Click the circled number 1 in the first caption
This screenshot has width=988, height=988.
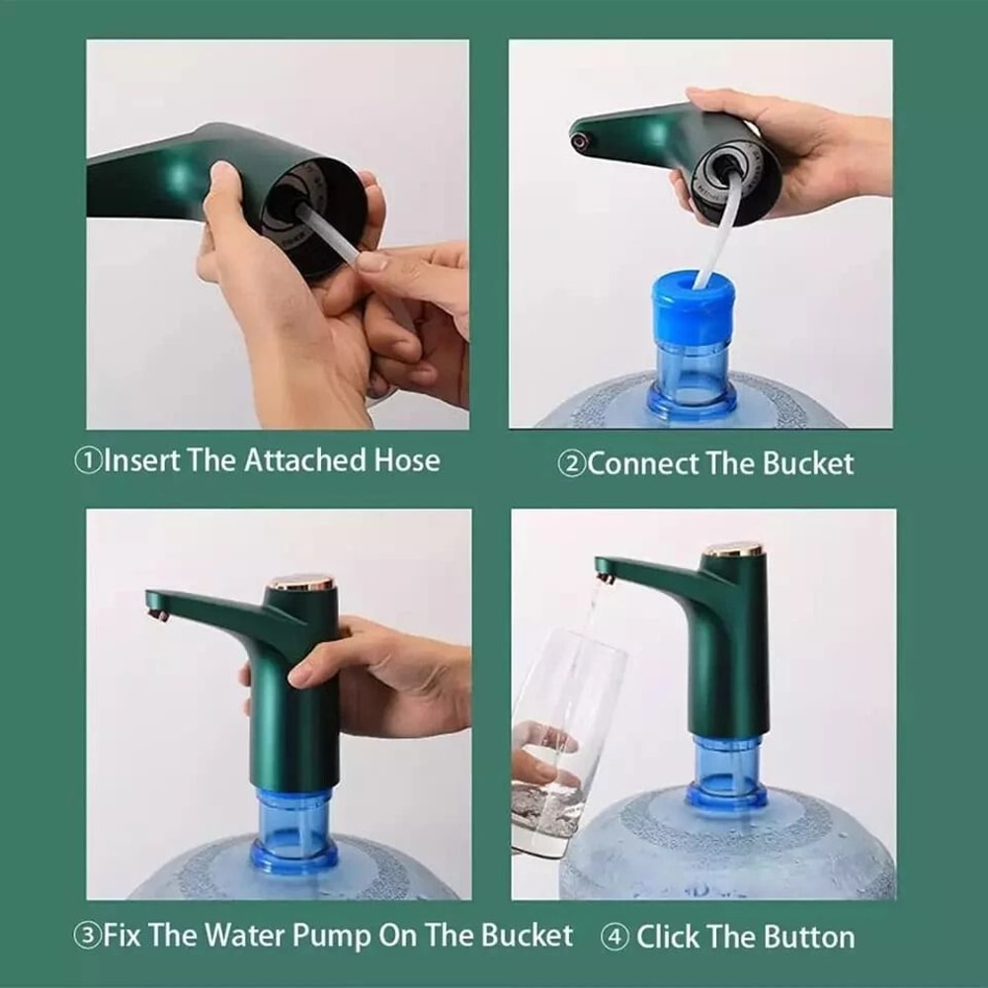[x=90, y=461]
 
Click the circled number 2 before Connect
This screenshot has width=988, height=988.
[x=572, y=464]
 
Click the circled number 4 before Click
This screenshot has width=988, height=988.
[x=615, y=937]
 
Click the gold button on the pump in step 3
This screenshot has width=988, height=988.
[x=301, y=582]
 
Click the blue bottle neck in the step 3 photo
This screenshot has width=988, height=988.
[x=294, y=830]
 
